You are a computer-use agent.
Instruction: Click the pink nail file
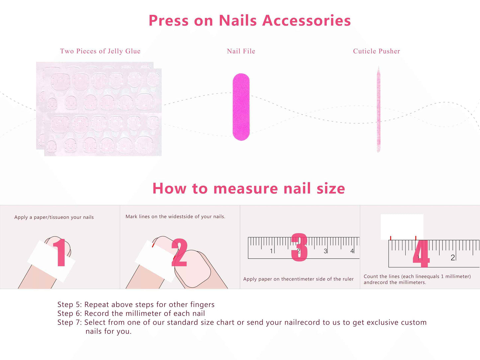(x=241, y=107)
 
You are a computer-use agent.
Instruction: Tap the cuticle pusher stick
(x=378, y=110)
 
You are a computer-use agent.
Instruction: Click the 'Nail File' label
(x=241, y=51)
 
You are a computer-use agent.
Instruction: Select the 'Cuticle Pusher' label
(x=376, y=51)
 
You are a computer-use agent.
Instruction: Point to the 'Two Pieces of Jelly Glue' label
(x=100, y=51)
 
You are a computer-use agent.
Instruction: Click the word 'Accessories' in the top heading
(x=306, y=21)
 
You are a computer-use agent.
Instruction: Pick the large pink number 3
(x=299, y=247)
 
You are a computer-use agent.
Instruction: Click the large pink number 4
(x=421, y=254)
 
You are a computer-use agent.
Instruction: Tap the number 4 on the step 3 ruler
(x=352, y=251)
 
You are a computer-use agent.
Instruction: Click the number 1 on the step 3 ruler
(x=271, y=251)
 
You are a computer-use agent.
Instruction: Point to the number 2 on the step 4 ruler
(x=452, y=258)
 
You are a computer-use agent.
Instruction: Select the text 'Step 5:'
(x=69, y=305)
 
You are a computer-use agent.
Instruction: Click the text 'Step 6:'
(x=69, y=314)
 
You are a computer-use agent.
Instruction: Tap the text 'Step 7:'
(x=69, y=322)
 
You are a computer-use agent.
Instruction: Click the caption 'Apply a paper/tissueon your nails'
(x=54, y=217)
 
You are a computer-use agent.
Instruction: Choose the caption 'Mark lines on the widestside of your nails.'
(x=175, y=217)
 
